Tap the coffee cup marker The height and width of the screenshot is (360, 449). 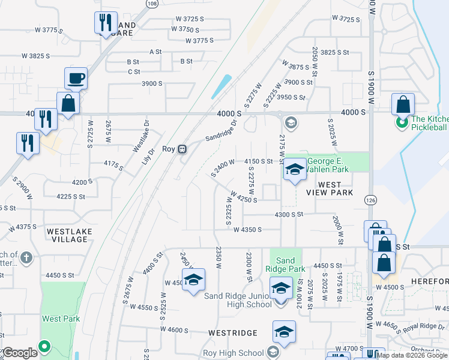(77, 78)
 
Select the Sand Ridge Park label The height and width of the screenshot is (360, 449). (285, 265)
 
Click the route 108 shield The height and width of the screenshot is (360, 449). (152, 4)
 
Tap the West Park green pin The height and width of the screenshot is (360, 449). (44, 346)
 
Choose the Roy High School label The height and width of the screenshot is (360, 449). (234, 353)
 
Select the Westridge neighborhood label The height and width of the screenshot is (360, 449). (233, 332)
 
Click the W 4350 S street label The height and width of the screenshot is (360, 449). (248, 229)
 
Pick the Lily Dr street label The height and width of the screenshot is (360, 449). (148, 157)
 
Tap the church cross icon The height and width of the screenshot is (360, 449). (26, 258)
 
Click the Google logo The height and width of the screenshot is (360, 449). (20, 353)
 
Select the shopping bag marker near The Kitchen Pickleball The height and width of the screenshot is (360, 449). (403, 105)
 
